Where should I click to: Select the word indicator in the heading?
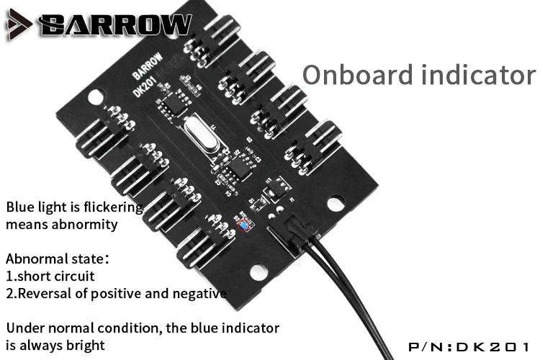[x=476, y=75]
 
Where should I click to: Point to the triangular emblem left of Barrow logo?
[x=19, y=25]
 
